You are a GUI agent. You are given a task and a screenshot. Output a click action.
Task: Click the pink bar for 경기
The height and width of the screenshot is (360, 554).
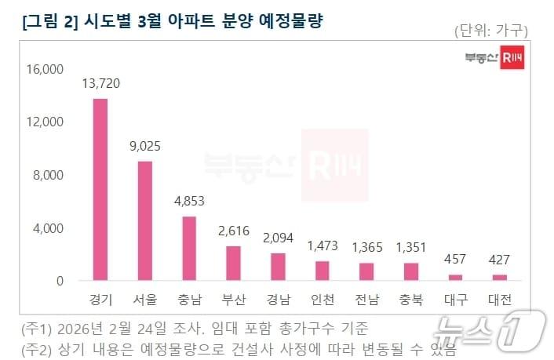tap(100, 190)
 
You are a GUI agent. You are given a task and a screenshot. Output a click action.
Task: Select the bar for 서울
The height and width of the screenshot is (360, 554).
tap(145, 220)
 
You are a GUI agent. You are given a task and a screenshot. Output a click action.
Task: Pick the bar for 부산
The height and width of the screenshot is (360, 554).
tap(234, 263)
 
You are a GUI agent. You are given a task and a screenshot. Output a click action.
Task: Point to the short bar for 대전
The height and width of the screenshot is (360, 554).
tap(501, 277)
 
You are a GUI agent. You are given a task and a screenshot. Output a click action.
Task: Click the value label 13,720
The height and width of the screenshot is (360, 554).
tap(100, 84)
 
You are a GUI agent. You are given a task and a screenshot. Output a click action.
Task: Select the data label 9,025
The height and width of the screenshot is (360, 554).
tap(145, 145)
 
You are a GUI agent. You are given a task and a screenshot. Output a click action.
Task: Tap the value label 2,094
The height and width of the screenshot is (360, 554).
tap(279, 236)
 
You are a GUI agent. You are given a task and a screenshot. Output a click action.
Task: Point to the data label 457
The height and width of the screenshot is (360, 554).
tap(456, 259)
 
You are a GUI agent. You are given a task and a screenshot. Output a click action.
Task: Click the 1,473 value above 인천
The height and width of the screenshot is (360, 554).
tap(323, 245)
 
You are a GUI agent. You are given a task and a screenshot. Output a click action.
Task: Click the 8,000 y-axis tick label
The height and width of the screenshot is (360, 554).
tap(48, 175)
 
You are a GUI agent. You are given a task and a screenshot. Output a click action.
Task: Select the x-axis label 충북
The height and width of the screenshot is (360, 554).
tap(411, 300)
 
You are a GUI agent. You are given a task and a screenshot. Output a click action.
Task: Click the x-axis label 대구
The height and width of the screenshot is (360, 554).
tap(456, 300)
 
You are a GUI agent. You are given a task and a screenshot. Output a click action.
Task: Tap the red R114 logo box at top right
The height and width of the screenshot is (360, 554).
tap(512, 59)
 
